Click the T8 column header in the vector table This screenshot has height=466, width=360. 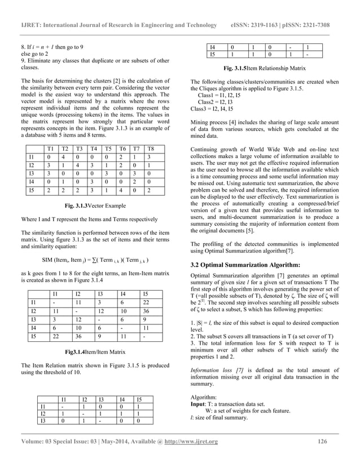[148, 148]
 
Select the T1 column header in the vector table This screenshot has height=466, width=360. [50, 148]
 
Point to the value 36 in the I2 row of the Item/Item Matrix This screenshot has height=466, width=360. [146, 311]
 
